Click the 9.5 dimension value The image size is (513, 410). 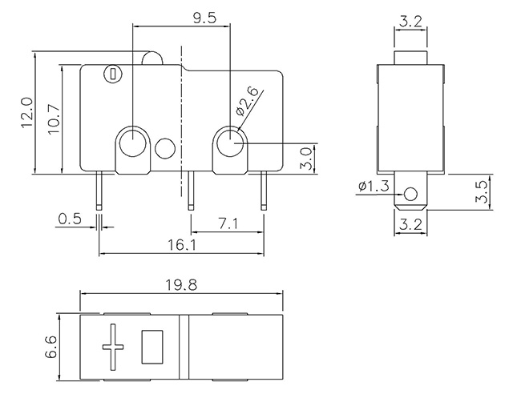[204, 18]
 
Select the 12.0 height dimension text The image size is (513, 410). [26, 112]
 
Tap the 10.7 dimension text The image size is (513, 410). [54, 119]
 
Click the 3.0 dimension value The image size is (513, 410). [305, 159]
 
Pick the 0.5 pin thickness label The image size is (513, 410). [70, 219]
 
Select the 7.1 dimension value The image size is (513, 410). [228, 224]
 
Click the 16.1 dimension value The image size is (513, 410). [182, 245]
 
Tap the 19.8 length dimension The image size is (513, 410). [181, 285]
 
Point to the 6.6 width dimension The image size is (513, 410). [51, 347]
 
